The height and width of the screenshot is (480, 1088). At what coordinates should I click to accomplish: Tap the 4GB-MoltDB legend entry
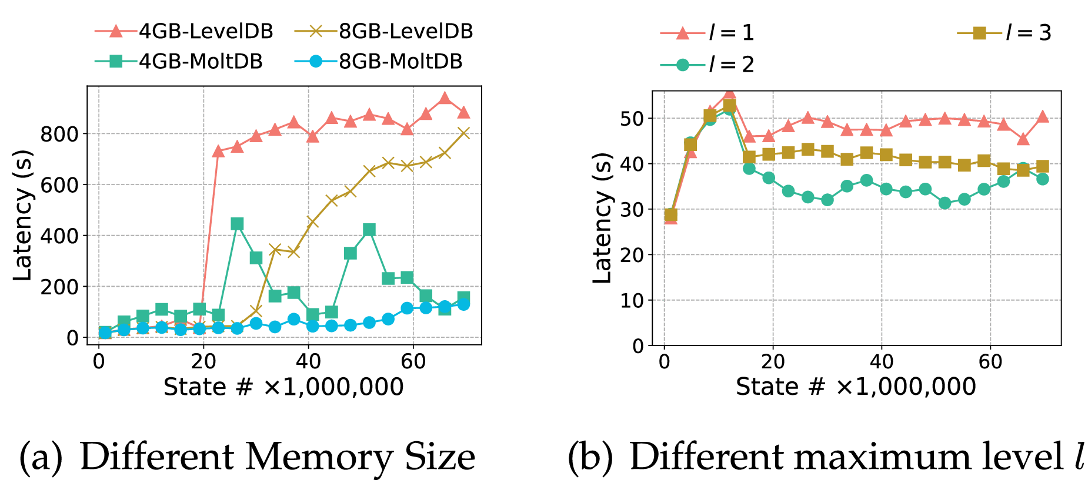179,61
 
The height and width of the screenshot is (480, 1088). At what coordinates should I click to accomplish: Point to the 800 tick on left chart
59,134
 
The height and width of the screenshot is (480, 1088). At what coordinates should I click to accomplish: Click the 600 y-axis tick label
59,185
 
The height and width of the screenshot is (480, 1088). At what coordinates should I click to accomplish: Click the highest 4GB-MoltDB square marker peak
237,224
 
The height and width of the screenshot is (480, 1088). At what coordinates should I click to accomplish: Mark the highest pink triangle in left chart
445,98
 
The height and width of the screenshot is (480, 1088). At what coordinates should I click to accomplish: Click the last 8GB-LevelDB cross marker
463,133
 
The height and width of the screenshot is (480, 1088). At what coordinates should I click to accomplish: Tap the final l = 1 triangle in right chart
1043,117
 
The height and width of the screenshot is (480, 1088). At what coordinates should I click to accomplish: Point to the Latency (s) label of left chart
22,216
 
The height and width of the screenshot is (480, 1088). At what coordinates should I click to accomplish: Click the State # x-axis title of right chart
855,387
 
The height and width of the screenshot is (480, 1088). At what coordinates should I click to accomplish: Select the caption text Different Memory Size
277,456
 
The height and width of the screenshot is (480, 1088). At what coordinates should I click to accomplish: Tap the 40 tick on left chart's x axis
308,361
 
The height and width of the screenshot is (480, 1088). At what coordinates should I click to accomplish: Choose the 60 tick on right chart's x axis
990,361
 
